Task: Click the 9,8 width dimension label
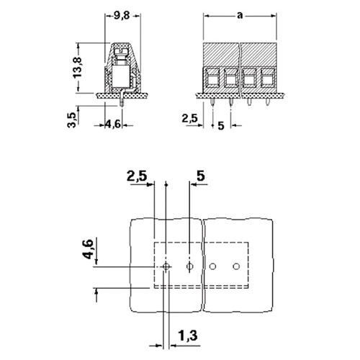pos(122,16)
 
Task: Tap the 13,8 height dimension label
pos(78,68)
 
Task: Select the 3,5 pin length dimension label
pos(71,120)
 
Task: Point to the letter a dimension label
pos(240,16)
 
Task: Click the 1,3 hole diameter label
pos(188,336)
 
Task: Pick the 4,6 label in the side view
pos(113,125)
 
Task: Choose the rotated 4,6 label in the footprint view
pos(88,249)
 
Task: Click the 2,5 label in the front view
pos(189,118)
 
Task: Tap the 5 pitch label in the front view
pos(221,126)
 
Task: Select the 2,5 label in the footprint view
pos(137,176)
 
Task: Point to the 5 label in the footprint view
pos(201,176)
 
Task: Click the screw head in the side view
pos(120,51)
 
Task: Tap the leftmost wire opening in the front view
pos(212,78)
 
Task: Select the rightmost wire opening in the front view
pos(267,78)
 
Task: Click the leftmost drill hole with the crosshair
pos(166,266)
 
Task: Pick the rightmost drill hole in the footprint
pos(236,266)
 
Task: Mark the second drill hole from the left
pos(189,266)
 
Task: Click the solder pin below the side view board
pos(122,102)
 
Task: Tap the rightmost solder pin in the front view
pos(267,102)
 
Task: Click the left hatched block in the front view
pos(221,55)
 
